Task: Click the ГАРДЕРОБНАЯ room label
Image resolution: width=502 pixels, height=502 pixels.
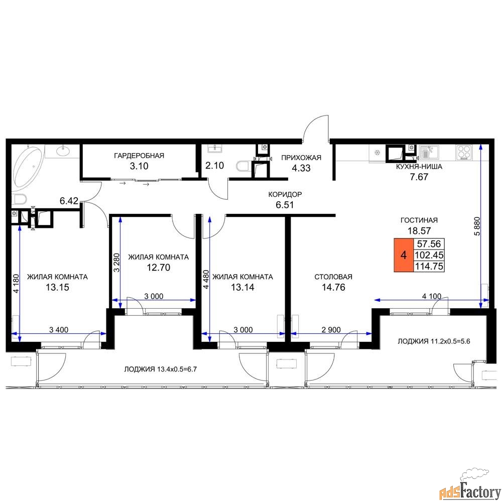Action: (139, 156)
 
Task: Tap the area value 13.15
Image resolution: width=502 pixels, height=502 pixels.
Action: (57, 288)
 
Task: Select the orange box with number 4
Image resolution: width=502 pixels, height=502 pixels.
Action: (404, 255)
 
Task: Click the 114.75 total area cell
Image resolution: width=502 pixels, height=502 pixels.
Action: (429, 266)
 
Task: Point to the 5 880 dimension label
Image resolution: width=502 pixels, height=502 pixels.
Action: (477, 226)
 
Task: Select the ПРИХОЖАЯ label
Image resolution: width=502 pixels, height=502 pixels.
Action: (301, 158)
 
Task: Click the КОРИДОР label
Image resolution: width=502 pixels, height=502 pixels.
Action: (285, 194)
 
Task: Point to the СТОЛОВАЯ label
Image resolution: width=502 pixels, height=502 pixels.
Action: (333, 277)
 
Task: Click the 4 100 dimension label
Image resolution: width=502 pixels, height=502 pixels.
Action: (432, 297)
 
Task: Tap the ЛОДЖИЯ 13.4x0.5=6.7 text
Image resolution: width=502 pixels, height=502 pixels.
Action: (161, 369)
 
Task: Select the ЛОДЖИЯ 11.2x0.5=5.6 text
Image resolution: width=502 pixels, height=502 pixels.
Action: (434, 341)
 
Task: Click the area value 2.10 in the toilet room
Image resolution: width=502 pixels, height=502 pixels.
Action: (214, 166)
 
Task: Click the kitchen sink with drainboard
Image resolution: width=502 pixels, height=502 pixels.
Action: (429, 152)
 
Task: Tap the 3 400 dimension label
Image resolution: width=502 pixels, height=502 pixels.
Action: (59, 329)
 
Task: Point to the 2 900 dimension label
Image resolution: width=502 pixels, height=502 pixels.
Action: (331, 329)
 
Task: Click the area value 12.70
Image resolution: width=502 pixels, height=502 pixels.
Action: (158, 268)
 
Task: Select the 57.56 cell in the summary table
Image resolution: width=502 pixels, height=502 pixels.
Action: (429, 244)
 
